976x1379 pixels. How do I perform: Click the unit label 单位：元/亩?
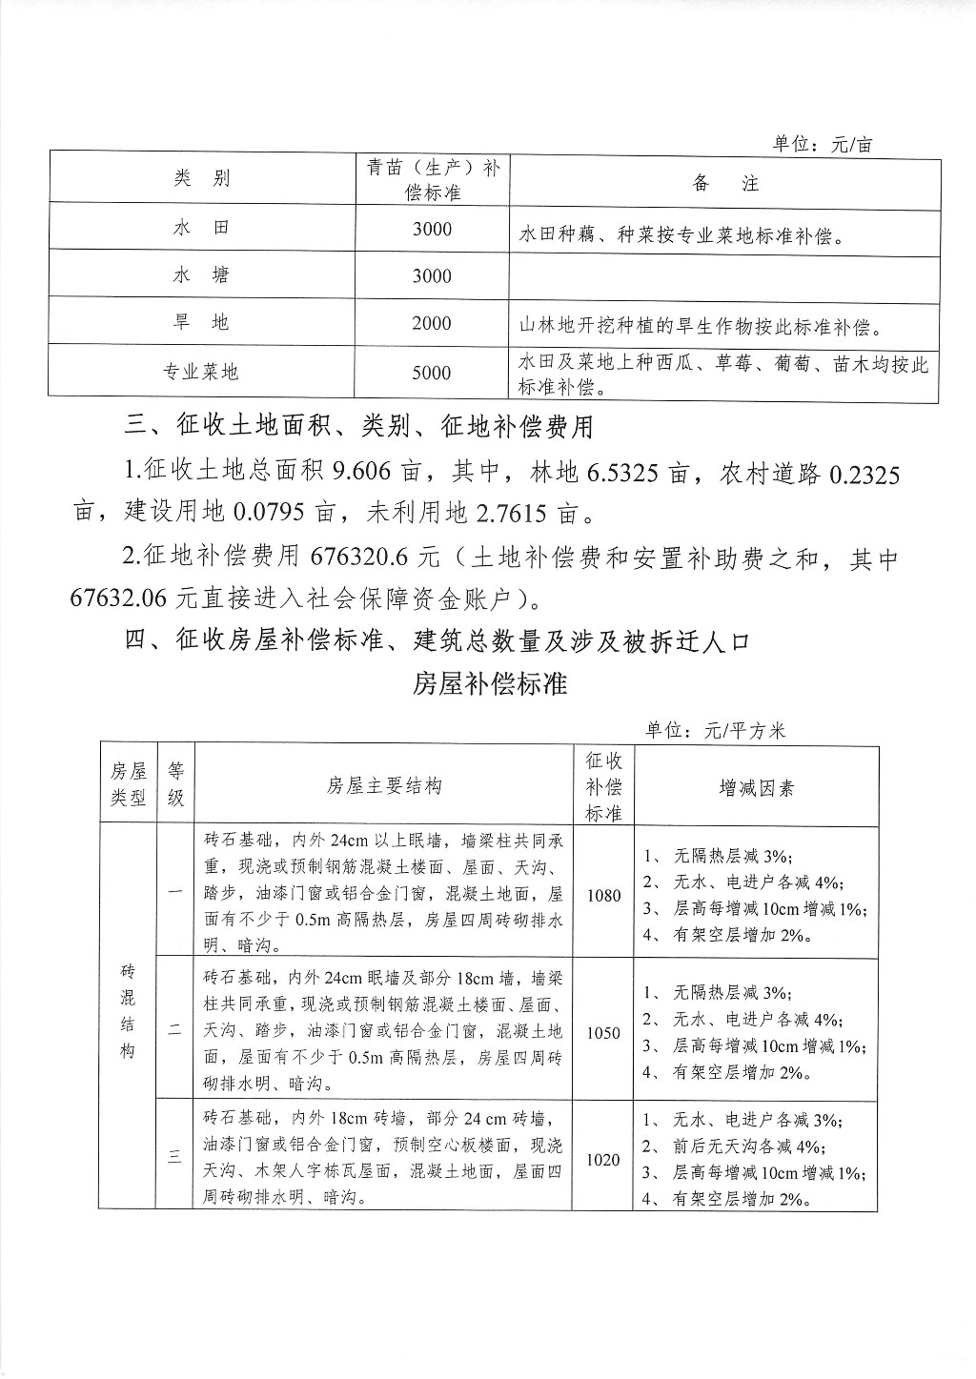[x=822, y=145]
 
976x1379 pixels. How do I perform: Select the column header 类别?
[x=201, y=179]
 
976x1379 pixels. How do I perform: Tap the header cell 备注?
[x=724, y=183]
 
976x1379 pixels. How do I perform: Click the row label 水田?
[x=201, y=229]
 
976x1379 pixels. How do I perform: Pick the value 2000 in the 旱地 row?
[x=432, y=324]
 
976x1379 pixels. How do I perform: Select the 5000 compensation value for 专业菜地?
[x=432, y=373]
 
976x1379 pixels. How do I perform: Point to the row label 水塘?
[x=201, y=276]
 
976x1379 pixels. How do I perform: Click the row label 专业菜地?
[x=201, y=373]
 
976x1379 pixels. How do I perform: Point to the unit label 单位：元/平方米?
[x=715, y=731]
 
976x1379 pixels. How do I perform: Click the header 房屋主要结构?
[x=384, y=786]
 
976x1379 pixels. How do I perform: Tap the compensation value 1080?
[x=603, y=895]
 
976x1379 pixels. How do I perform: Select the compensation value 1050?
[x=603, y=1032]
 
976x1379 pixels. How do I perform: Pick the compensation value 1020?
[x=603, y=1160]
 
